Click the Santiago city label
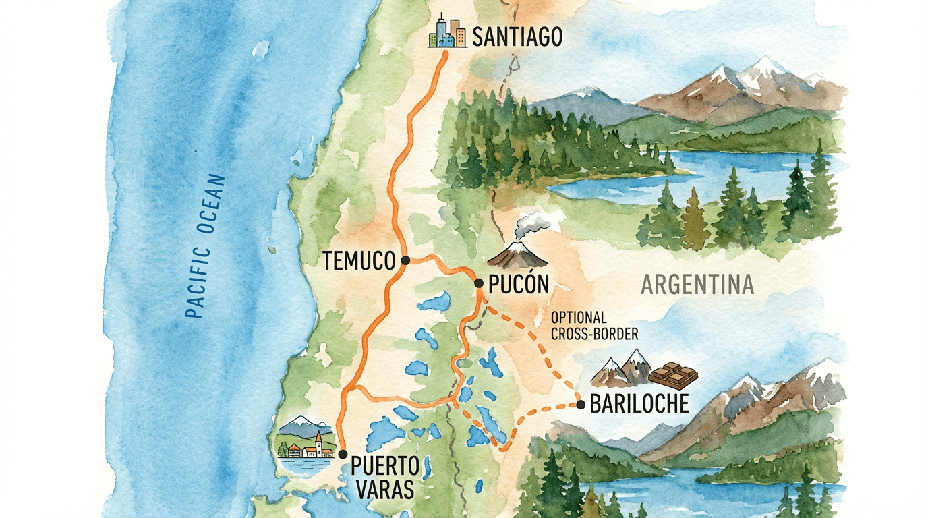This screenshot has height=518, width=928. point(517,36)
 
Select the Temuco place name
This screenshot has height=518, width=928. point(358,261)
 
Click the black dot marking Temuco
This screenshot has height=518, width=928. point(405,260)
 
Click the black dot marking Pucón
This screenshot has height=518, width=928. point(479,283)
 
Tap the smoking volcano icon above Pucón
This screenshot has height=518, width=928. point(517,251)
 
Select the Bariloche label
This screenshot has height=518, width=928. point(639,404)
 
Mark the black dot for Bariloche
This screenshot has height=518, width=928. point(581,405)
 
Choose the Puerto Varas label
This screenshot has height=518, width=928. point(382,477)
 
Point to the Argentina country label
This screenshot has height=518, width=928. point(697,285)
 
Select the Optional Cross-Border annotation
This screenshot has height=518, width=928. point(593,325)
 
